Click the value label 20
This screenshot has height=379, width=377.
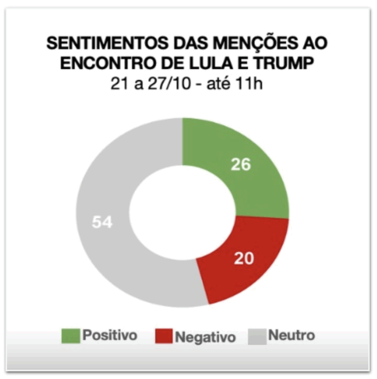[243, 258]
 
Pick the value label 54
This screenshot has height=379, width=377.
[102, 222]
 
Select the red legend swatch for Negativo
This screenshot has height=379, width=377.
[163, 337]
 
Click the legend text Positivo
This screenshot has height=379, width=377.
[110, 336]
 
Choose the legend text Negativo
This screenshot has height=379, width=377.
[206, 337]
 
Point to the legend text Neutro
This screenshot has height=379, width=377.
[292, 336]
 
